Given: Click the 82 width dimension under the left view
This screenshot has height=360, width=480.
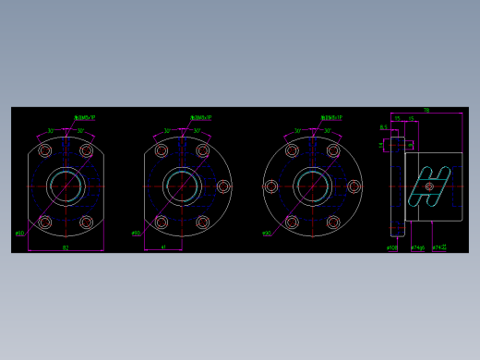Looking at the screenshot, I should pos(66,247).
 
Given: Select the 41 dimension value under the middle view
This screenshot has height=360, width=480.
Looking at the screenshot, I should pos(163,247).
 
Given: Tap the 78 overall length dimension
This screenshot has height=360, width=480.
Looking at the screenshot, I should pos(426,110).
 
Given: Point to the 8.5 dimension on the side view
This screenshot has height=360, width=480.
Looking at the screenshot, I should pos(383,128).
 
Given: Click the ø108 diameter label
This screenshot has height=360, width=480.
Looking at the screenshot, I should pos(392,247).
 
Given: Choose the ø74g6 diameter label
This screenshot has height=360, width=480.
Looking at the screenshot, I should pos(417,247).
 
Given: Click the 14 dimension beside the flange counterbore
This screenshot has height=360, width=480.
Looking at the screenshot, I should pos(380,144).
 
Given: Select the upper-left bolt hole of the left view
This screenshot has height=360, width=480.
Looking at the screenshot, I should pos(44,150).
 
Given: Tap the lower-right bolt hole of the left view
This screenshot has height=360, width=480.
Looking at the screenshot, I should pos(87,222).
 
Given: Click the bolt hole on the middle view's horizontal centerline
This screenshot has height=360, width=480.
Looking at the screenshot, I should pos(222,186).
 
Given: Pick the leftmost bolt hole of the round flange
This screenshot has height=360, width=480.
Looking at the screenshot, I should pos(271,186).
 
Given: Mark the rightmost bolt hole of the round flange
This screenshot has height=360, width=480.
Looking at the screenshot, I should pos(354,186).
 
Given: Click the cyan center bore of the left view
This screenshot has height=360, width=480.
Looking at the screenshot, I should pos(66,186).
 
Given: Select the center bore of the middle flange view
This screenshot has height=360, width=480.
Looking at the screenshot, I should pos(182,186).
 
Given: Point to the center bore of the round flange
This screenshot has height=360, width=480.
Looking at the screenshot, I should pos(312,186).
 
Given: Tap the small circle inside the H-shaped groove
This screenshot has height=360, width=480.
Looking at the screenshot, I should pos(429,187).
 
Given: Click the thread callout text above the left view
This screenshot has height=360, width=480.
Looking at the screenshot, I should pos(85,117).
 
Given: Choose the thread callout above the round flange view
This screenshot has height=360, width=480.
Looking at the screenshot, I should pos(331,117).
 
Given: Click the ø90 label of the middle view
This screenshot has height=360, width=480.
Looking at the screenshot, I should pos(136,234).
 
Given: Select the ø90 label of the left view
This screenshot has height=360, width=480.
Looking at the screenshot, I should pos(19,234).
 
